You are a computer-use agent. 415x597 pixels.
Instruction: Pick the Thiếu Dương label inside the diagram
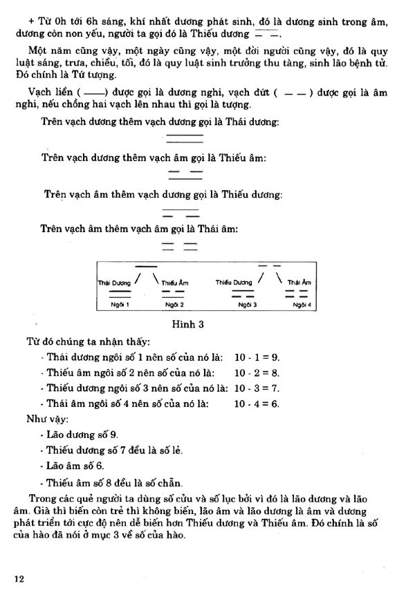(234, 282)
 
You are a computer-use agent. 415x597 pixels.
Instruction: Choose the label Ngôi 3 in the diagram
(248, 304)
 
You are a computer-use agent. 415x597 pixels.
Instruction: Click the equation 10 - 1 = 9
(257, 357)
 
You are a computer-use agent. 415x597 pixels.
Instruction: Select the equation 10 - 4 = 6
(257, 404)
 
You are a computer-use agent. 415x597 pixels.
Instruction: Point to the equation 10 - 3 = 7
(257, 388)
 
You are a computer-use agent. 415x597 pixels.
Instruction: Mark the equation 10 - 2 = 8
(257, 373)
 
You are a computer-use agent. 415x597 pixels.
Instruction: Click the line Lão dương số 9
(79, 434)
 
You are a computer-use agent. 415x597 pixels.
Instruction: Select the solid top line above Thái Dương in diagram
(146, 266)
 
